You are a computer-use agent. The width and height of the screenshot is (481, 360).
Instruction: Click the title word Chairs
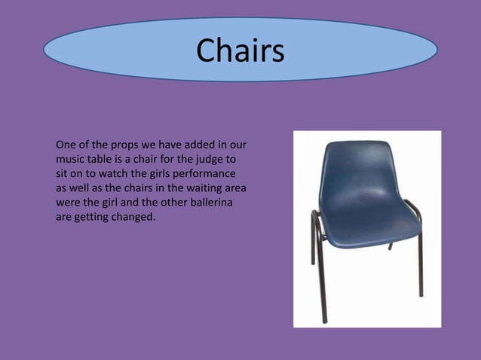pos(240,50)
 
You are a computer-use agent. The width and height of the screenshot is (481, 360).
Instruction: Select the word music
pos(72,159)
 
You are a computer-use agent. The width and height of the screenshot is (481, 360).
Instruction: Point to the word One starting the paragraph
pos(66,145)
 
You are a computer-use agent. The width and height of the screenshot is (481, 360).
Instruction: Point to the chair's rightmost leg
pos(418,256)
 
